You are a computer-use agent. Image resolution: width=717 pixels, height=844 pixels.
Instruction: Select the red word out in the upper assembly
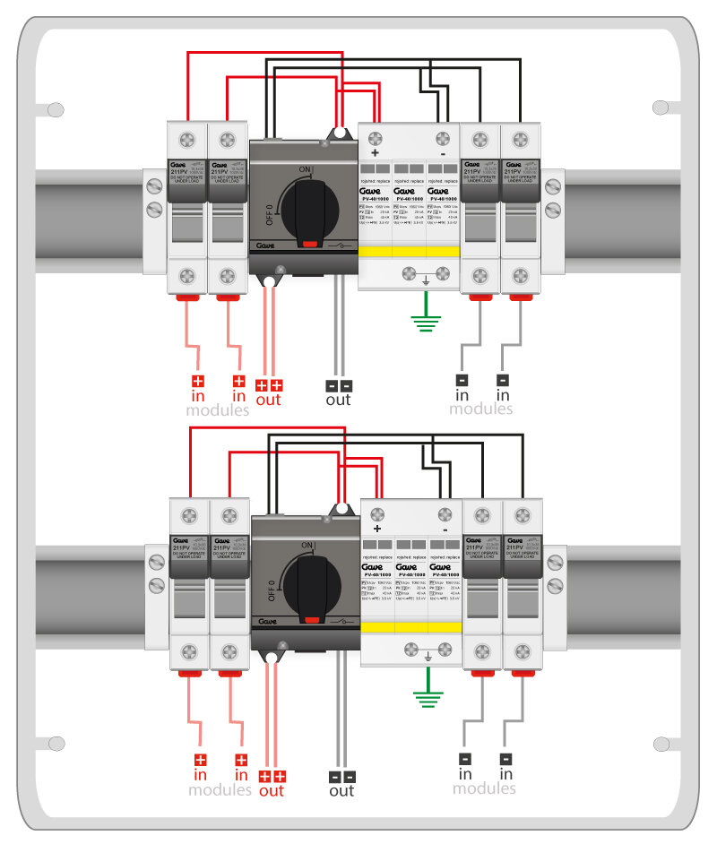[x=269, y=400]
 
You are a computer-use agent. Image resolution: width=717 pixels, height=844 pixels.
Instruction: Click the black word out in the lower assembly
[x=341, y=791]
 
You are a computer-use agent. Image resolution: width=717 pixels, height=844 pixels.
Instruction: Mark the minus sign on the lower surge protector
[x=445, y=530]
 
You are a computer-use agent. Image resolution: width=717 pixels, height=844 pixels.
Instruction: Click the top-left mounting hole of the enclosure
[x=56, y=110]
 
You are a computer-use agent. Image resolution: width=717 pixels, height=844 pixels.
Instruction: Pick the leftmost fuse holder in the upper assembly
[x=187, y=208]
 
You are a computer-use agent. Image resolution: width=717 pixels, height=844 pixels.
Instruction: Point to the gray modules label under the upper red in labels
[x=218, y=411]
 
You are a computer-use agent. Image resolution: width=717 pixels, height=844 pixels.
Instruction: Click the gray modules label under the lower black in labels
[x=485, y=788]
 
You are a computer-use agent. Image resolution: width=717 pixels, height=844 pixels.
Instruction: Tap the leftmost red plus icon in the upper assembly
[x=200, y=381]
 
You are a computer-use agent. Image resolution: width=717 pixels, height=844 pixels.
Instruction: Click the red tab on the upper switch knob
[x=310, y=242]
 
